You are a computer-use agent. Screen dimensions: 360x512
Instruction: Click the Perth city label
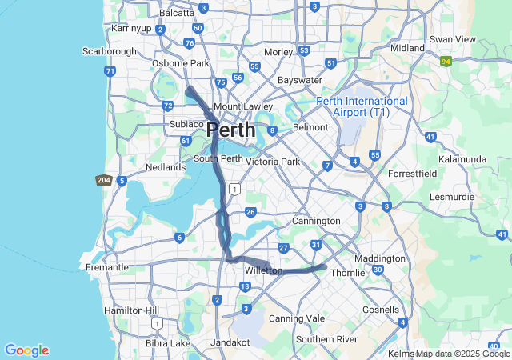[230, 130]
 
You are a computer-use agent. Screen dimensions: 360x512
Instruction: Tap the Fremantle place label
[106, 267]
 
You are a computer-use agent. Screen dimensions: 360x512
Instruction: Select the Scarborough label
[110, 51]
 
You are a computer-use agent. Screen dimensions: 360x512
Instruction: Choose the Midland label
[408, 48]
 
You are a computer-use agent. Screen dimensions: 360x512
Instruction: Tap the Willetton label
[263, 271]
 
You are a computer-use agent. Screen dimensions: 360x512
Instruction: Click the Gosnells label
[381, 310]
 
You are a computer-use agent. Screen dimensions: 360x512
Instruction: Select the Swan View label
[452, 39]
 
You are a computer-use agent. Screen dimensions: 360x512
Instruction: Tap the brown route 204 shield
[102, 181]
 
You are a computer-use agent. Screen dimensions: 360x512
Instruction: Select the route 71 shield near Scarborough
[110, 71]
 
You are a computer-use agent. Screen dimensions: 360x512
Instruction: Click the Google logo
[26, 350]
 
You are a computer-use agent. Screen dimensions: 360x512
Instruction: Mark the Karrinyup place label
[132, 28]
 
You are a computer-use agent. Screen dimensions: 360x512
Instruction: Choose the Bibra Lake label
[168, 343]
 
